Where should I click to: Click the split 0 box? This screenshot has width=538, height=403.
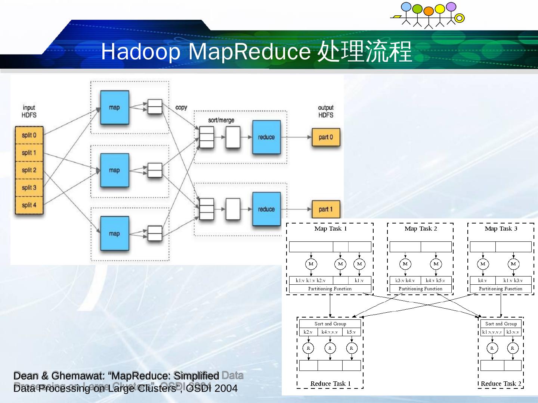(x=29, y=135)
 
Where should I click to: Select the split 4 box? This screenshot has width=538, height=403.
(x=29, y=205)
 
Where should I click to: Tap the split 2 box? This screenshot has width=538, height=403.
(x=29, y=170)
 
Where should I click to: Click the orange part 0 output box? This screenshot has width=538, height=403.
(x=326, y=137)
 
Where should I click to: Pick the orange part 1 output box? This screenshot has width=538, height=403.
(x=326, y=209)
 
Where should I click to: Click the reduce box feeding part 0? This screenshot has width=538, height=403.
(x=266, y=137)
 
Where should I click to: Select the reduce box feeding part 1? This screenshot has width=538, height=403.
(x=266, y=209)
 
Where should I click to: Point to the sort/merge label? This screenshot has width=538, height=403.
(x=221, y=120)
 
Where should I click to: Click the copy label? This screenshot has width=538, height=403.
(x=181, y=107)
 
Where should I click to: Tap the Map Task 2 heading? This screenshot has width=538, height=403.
(x=420, y=229)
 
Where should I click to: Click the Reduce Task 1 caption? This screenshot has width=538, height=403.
(x=330, y=384)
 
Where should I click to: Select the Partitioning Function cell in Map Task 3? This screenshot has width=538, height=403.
(x=501, y=289)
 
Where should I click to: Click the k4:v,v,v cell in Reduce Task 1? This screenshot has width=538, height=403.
(x=330, y=332)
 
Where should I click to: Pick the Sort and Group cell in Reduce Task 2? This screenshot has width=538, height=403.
(x=501, y=324)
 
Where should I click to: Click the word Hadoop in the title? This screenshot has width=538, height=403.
(x=140, y=51)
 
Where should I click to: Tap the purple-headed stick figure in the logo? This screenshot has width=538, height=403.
(x=451, y=7)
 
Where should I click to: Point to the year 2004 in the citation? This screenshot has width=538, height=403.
(x=226, y=388)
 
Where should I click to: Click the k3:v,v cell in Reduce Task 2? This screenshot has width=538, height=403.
(x=513, y=332)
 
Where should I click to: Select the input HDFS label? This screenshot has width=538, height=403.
(x=29, y=111)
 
